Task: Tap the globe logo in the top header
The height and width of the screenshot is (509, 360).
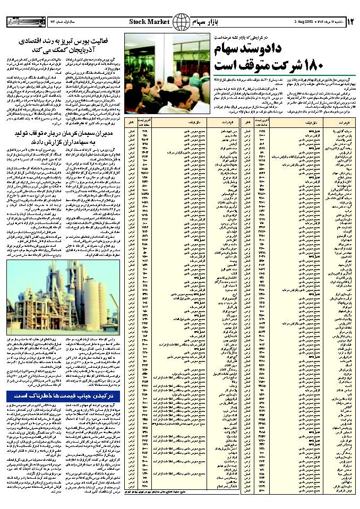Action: [x=182, y=21]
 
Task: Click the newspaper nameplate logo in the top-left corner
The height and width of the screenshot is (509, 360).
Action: [x=21, y=21]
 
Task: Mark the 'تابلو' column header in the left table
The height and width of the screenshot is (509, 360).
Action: [x=131, y=123]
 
